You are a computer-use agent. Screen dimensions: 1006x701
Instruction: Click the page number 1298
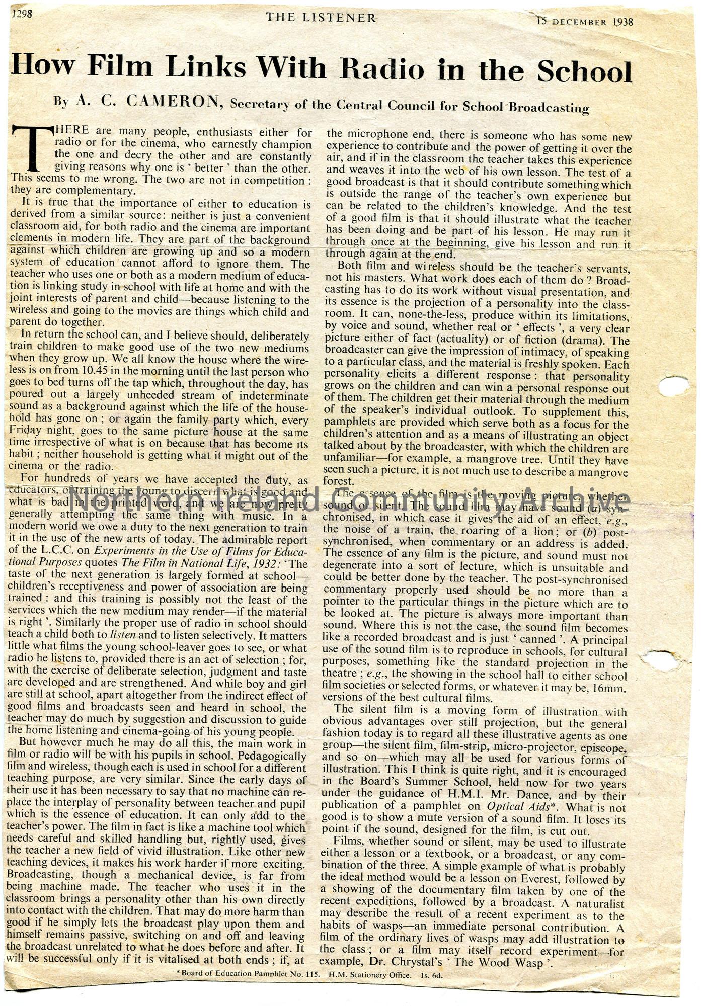[x=22, y=15]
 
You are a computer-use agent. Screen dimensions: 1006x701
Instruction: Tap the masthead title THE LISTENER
[x=321, y=18]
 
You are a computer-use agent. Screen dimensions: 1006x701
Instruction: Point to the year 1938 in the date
[x=624, y=22]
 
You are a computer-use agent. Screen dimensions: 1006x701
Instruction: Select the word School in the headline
[x=584, y=72]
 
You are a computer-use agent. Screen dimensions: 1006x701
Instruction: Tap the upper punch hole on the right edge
[x=674, y=386]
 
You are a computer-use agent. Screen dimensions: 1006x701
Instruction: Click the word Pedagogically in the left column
[x=272, y=756]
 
